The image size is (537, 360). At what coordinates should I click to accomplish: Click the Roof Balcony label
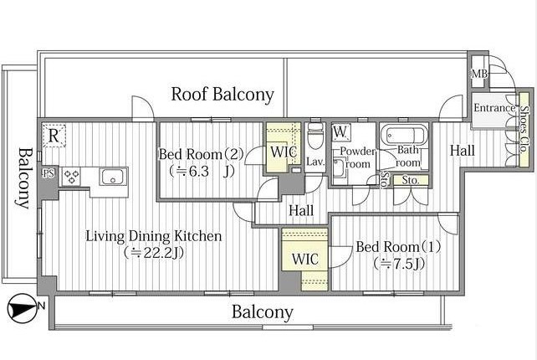[222, 95]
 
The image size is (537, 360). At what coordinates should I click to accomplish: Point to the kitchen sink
[113, 177]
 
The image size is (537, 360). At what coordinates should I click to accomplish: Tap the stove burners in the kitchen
[71, 177]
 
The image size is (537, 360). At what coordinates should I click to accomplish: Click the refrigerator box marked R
[54, 136]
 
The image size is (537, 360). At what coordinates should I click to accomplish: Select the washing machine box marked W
[340, 132]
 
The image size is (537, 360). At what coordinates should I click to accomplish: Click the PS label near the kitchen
[49, 173]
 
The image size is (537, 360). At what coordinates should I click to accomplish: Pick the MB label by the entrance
[479, 74]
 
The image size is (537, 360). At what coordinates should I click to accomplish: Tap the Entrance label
[494, 108]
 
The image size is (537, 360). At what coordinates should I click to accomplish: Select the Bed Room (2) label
[201, 154]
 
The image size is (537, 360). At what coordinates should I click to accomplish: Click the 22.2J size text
[154, 253]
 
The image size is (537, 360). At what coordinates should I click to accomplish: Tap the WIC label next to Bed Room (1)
[304, 260]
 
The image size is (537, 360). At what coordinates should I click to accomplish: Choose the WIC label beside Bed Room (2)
[284, 152]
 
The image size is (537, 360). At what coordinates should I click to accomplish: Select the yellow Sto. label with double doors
[411, 180]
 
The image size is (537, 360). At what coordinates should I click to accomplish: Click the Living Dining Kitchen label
[153, 236]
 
